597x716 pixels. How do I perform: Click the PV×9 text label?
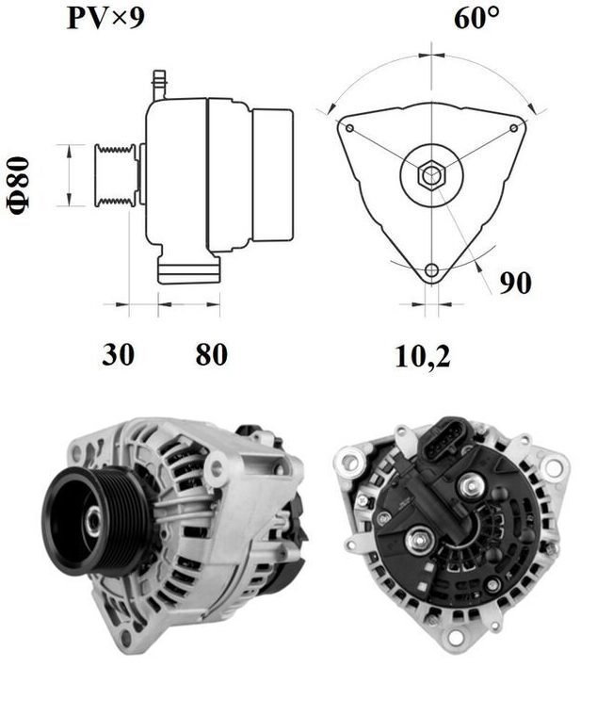[105, 18]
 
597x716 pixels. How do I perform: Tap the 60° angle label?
[476, 18]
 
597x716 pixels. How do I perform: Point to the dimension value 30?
[118, 355]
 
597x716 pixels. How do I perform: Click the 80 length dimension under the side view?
[211, 355]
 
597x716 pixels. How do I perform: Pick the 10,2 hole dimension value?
[422, 355]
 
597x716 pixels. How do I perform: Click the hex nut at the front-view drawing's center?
[431, 174]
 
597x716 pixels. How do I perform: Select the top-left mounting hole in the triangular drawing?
[349, 127]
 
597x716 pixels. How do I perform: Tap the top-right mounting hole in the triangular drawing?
[513, 127]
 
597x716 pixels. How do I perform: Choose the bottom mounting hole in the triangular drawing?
[431, 271]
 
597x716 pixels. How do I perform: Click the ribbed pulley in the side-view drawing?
[116, 174]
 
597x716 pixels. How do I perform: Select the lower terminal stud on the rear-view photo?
[418, 541]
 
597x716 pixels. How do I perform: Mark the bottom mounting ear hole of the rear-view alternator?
[456, 638]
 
